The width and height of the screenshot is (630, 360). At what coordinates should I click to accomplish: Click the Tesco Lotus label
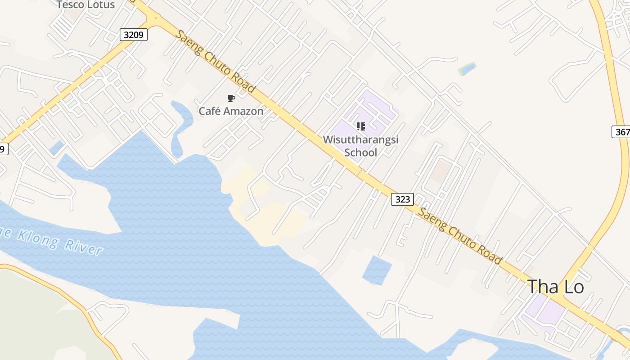[85, 5]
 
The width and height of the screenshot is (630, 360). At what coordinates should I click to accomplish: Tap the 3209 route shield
[134, 34]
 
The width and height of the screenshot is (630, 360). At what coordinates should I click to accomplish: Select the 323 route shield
[402, 199]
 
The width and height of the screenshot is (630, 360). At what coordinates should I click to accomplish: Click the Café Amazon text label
[231, 111]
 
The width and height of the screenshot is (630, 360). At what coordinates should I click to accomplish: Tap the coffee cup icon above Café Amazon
[231, 98]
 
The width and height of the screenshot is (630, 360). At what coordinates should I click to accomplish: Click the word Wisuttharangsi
[360, 139]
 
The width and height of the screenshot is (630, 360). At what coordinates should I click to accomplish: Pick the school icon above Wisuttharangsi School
[360, 126]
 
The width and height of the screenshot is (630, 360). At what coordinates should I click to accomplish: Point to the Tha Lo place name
[555, 287]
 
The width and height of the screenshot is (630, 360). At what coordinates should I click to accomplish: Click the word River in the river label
[84, 247]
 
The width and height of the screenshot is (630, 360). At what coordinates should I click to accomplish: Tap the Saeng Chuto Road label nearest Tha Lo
[460, 235]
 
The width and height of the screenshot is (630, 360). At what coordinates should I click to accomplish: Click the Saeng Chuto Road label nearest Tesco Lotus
[216, 62]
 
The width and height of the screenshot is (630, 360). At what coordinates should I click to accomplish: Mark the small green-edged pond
[467, 69]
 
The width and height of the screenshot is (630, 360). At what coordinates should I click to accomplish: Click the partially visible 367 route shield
[622, 132]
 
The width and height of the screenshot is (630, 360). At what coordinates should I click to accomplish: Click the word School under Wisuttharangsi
[360, 153]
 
